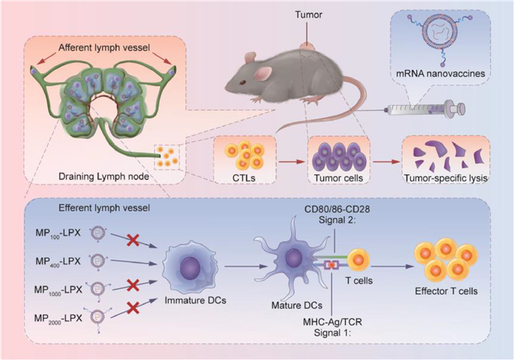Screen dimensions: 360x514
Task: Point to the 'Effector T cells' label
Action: tap(449, 292)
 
